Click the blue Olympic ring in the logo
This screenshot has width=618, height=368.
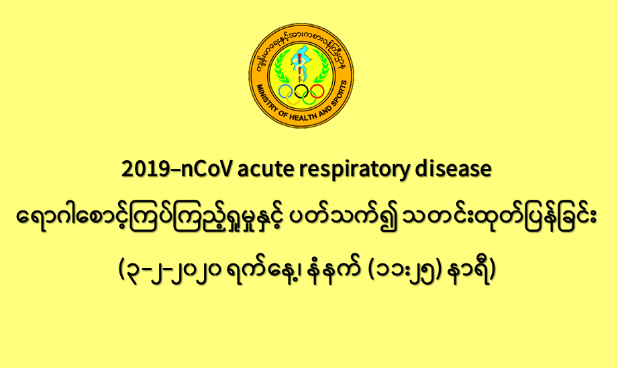[x=279, y=91]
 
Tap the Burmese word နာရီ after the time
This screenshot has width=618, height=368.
[x=468, y=270]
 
